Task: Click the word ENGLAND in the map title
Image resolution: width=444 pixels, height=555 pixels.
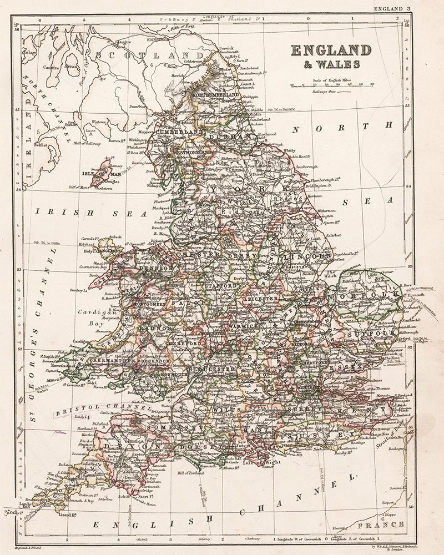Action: [331, 51]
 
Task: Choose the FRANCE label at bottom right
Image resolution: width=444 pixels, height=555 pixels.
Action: [373, 524]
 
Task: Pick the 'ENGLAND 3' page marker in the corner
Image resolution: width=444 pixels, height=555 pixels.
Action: [392, 8]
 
